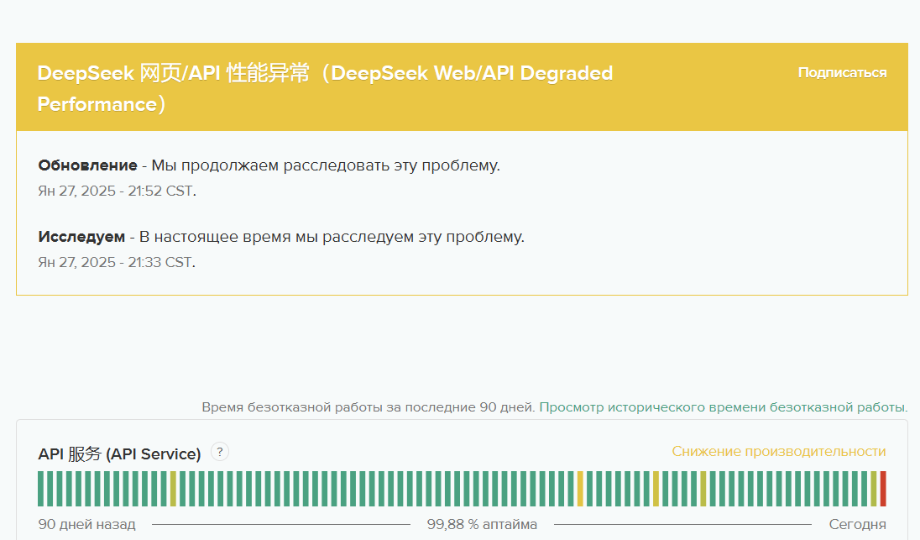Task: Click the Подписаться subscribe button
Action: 842,73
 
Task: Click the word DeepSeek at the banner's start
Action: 86,73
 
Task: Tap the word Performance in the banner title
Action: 97,104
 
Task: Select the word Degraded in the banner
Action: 567,73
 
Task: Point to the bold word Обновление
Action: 87,165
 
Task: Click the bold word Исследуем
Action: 81,237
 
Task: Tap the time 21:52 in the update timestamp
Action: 144,191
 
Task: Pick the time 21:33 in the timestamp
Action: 144,262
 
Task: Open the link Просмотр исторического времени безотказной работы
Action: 724,407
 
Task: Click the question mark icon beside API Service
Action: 219,452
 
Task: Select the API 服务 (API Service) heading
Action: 119,454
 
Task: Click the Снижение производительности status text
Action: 779,451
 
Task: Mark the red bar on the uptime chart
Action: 883,488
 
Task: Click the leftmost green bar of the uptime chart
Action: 41,488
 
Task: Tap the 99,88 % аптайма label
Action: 482,524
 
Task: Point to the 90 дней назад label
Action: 86,524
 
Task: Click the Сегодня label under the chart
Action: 857,524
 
